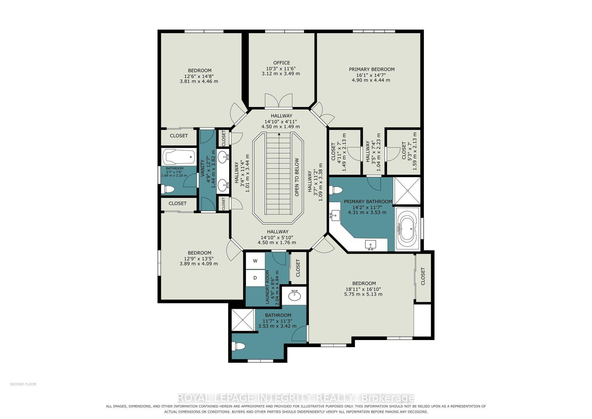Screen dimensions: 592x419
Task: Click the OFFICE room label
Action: tap(282, 63)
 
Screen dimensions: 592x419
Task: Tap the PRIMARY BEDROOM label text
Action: tap(372, 69)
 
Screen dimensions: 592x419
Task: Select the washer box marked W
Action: tap(255, 261)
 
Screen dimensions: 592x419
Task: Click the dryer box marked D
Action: tap(255, 278)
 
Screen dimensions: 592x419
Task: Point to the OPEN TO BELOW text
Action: tap(297, 177)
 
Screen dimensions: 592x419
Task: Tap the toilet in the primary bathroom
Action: tap(336, 190)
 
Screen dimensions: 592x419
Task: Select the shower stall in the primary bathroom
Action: tap(407, 191)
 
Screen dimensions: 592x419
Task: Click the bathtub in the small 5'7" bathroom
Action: tap(179, 157)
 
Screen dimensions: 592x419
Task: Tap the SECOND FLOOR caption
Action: tap(23, 384)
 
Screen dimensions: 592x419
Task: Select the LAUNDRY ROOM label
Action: tap(267, 287)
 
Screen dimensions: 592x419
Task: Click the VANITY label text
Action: tap(203, 168)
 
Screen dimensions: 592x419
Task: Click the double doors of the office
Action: tap(278, 101)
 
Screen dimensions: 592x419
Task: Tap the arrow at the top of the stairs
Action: tap(279, 134)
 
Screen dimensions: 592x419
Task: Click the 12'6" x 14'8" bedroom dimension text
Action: tap(199, 76)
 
